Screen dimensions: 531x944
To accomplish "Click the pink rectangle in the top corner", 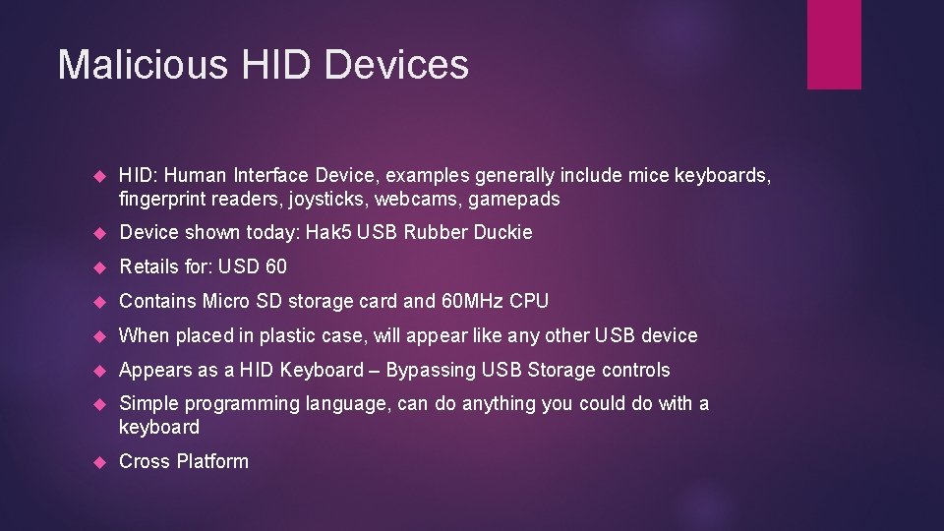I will click(x=834, y=44).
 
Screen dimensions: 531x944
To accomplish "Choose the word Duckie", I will click(x=502, y=232).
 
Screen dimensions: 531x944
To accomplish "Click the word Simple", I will click(x=147, y=403).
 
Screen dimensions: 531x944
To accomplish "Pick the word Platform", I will click(x=212, y=461).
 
